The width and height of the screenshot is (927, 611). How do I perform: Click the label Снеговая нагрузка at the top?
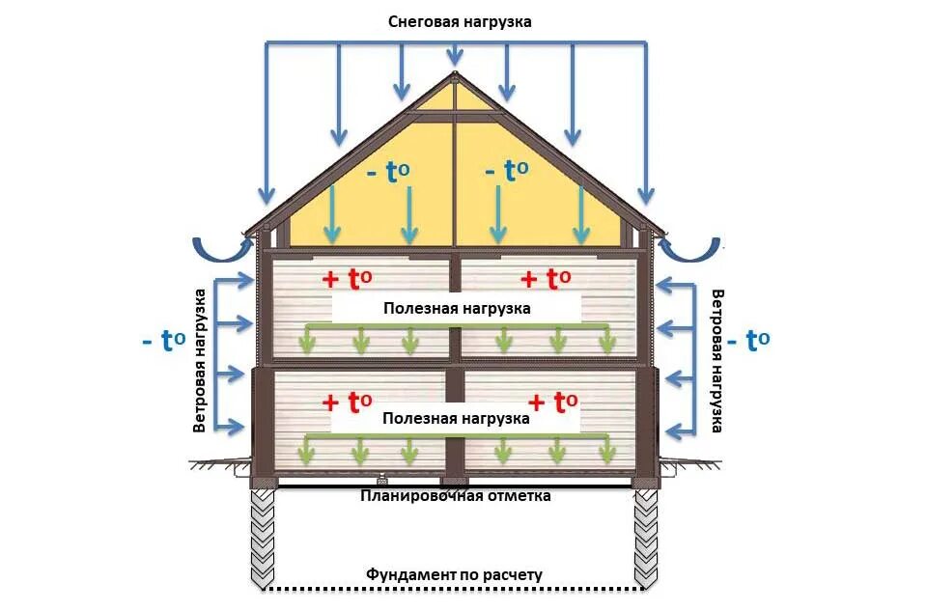(x=460, y=21)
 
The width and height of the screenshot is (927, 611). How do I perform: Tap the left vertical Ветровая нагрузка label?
(x=200, y=359)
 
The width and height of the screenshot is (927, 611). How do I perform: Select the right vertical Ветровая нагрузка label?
(x=717, y=361)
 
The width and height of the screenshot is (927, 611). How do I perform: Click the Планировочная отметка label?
(x=456, y=496)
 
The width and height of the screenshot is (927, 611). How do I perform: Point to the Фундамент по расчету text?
(x=454, y=574)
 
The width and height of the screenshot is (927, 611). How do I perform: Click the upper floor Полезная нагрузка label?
(x=456, y=309)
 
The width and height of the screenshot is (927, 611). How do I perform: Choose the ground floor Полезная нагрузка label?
(x=456, y=419)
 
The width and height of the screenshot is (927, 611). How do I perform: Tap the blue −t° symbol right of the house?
(x=748, y=341)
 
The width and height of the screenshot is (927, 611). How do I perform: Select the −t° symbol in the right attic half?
(x=506, y=172)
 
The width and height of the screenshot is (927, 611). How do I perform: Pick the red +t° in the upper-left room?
(x=347, y=280)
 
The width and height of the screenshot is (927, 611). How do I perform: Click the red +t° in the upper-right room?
(x=546, y=280)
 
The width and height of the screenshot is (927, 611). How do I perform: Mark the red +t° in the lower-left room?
(x=347, y=402)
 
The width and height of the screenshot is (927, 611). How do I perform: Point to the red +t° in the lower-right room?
(x=553, y=402)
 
